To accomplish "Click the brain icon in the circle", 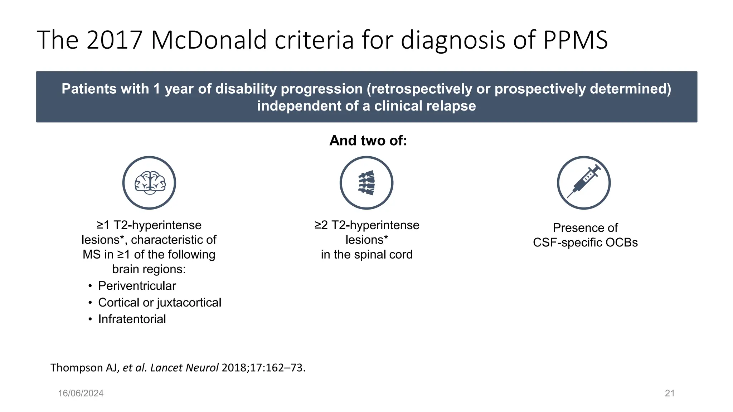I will [x=149, y=183].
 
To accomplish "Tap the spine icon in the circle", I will [x=366, y=183].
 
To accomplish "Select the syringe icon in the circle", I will [x=584, y=183].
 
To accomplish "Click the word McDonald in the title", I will [x=209, y=40].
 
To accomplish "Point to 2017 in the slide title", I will [x=115, y=40].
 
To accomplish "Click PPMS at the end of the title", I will [x=576, y=40].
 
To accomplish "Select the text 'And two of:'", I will [x=368, y=141].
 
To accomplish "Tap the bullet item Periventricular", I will [x=137, y=286].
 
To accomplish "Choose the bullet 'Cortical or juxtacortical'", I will [x=160, y=303].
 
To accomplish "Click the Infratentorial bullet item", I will [x=132, y=319].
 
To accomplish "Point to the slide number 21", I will [x=670, y=393].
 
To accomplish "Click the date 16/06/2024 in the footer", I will [x=81, y=393].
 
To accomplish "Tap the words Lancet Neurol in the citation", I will [x=184, y=368].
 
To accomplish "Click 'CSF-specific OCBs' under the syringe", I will [x=585, y=242].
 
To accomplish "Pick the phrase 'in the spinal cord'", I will [x=366, y=254].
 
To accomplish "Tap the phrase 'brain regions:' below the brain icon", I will [x=149, y=269].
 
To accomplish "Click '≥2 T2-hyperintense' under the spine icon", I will [x=366, y=225].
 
